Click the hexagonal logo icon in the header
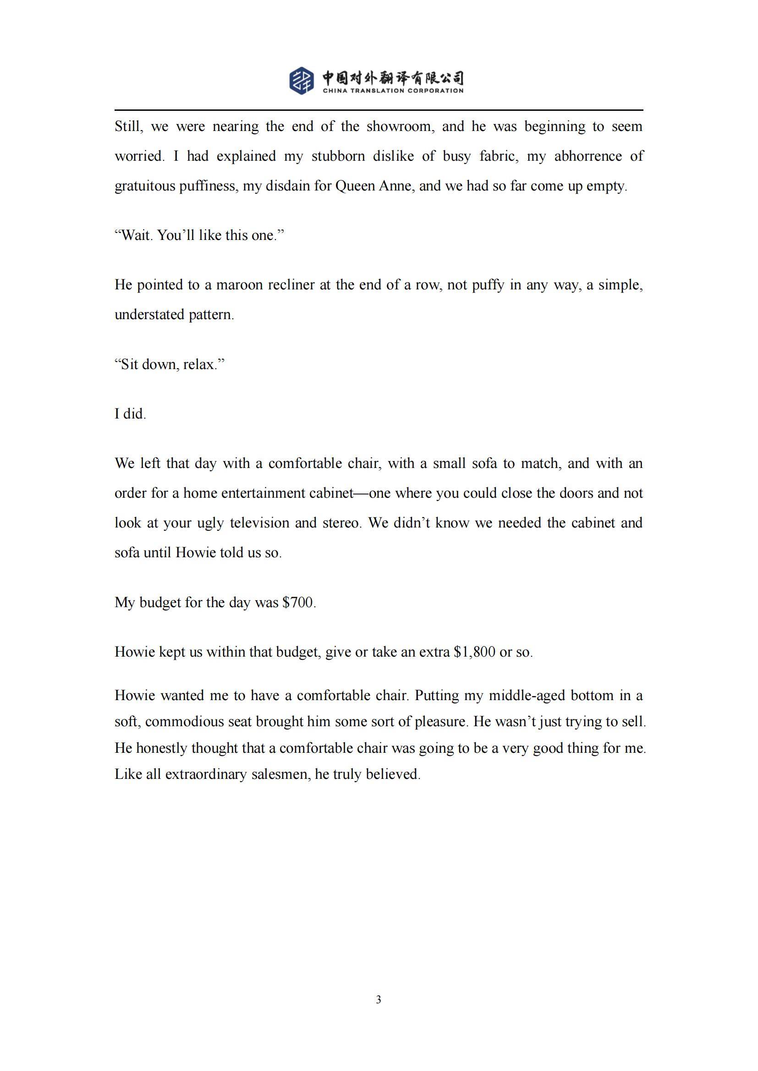(x=302, y=80)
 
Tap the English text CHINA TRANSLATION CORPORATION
(x=393, y=91)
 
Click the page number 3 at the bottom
(x=379, y=1000)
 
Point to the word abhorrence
(x=588, y=156)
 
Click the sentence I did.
(x=130, y=414)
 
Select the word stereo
(x=342, y=522)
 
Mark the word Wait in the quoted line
(x=136, y=235)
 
